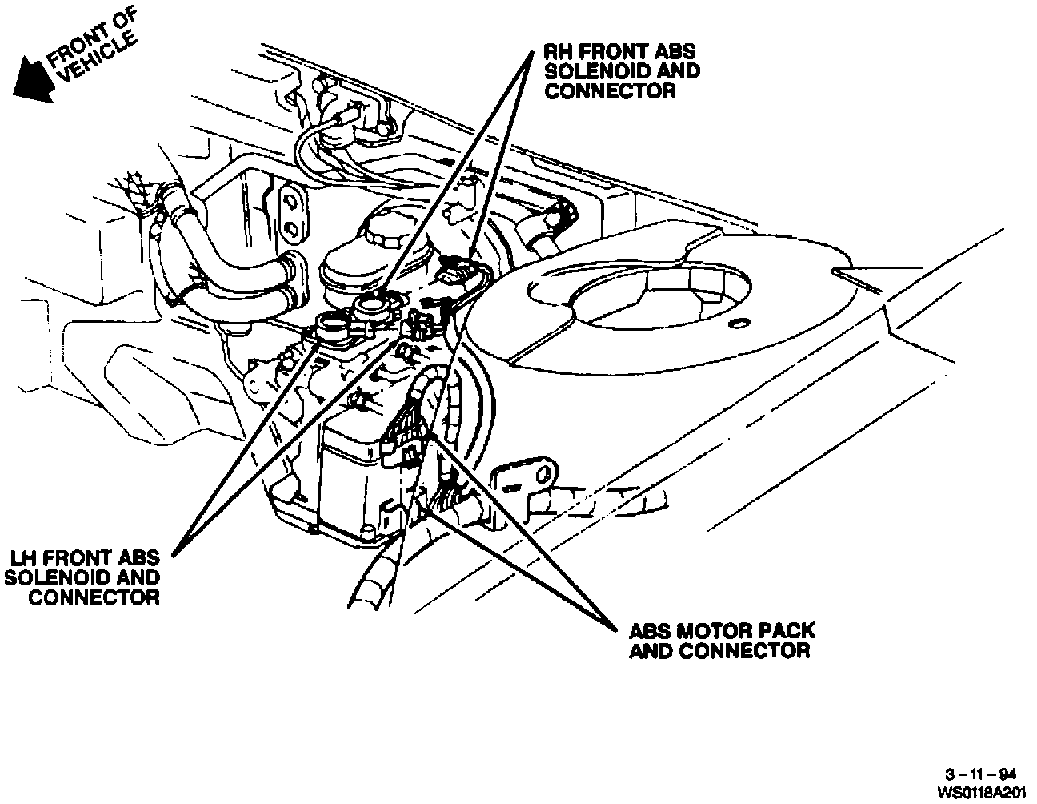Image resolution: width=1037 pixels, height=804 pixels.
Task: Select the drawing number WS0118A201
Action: tap(982, 791)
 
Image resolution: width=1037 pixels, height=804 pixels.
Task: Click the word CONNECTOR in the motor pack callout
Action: tap(743, 650)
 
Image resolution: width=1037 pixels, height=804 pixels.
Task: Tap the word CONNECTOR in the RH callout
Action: tap(610, 90)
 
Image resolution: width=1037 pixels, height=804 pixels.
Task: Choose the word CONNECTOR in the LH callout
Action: tap(93, 597)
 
